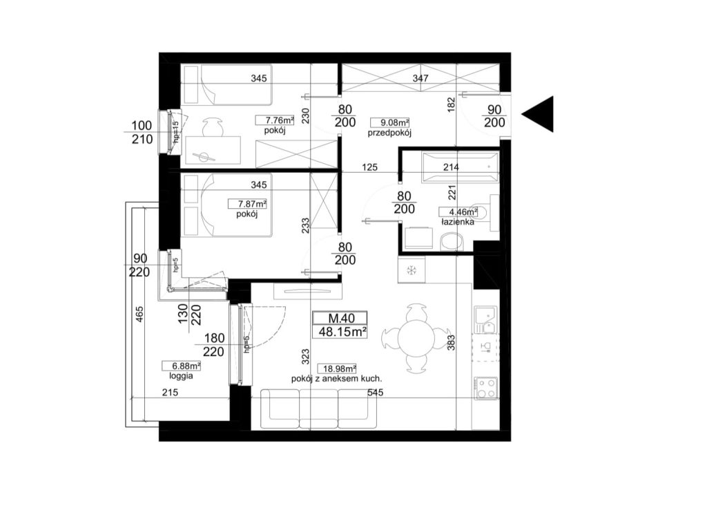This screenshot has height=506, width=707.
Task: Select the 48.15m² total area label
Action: pyautogui.click(x=342, y=332)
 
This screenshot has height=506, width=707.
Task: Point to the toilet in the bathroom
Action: pyautogui.click(x=452, y=241)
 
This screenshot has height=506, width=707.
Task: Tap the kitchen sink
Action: pyautogui.click(x=485, y=319)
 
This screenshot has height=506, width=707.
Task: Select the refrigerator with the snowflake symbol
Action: pyautogui.click(x=411, y=270)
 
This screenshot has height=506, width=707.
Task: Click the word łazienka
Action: pyautogui.click(x=458, y=222)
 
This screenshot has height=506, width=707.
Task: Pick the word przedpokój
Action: pyautogui.click(x=389, y=133)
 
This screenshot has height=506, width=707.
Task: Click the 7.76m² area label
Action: pyautogui.click(x=275, y=120)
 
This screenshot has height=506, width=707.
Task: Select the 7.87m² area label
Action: pyautogui.click(x=247, y=203)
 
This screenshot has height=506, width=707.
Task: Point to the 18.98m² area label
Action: pyautogui.click(x=337, y=368)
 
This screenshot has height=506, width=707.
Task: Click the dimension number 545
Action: pyautogui.click(x=375, y=393)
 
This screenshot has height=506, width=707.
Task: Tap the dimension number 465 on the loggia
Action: pyautogui.click(x=139, y=314)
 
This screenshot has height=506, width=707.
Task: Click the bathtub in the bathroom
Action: pyautogui.click(x=460, y=167)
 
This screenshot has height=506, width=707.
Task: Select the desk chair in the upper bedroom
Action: pyautogui.click(x=212, y=126)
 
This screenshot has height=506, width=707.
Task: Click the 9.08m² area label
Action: pyautogui.click(x=389, y=122)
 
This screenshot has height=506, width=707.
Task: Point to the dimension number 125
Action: pyautogui.click(x=370, y=167)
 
